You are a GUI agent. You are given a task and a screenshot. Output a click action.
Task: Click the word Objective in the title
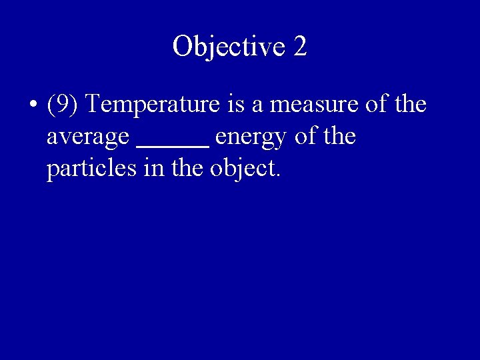228,46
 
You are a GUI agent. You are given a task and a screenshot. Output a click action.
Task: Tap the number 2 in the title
299,46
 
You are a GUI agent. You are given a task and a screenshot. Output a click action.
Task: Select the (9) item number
63,105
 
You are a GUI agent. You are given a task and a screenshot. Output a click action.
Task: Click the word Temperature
147,105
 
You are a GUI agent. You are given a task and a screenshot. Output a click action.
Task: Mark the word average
89,139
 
